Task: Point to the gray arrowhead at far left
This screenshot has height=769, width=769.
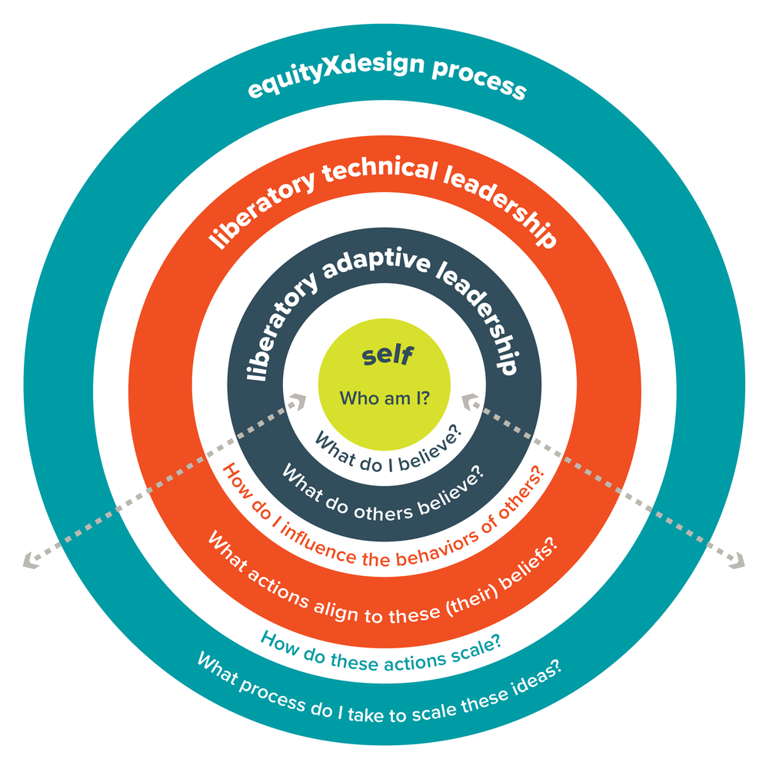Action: tap(28, 561)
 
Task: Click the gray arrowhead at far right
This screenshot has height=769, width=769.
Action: tap(740, 561)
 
